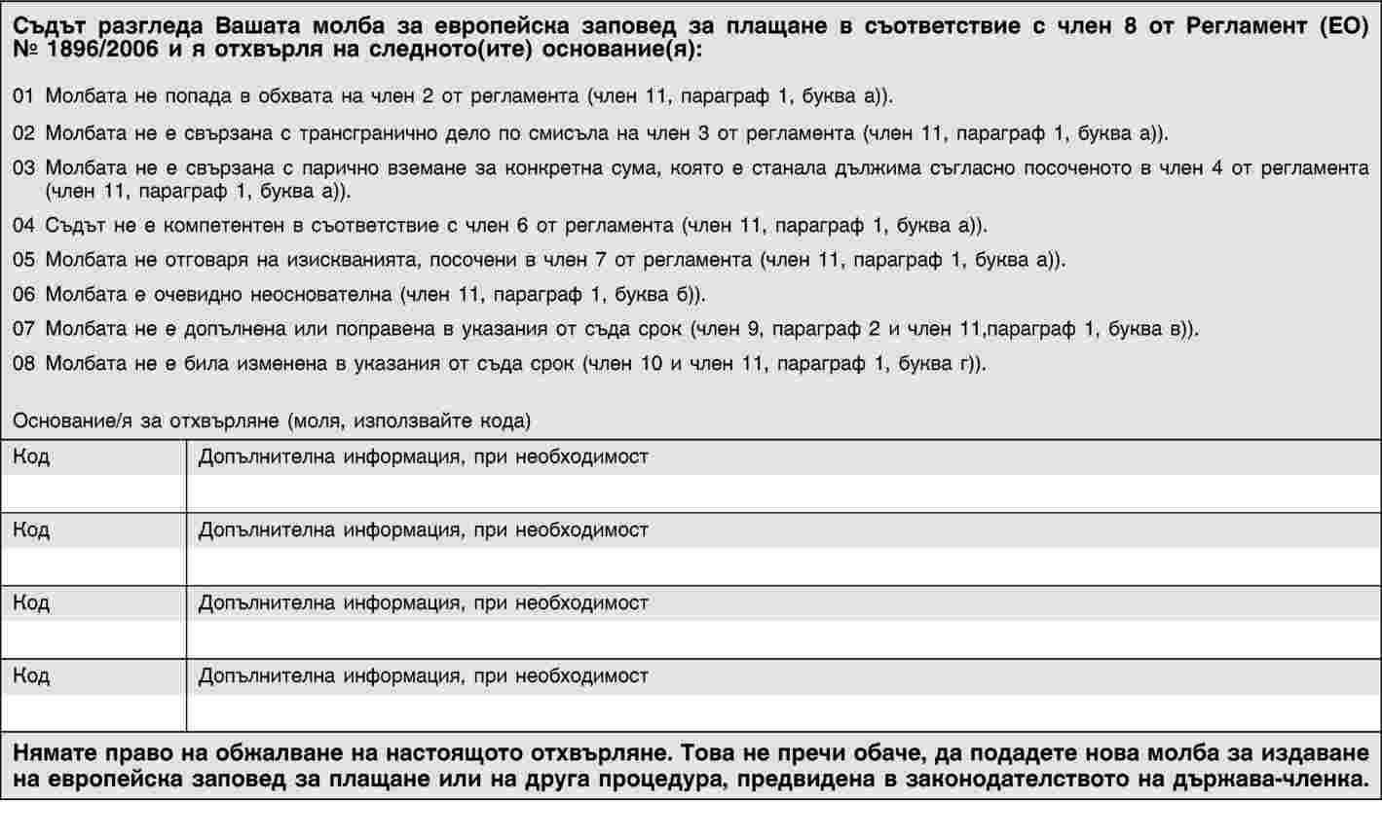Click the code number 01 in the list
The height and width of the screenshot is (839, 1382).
(x=23, y=97)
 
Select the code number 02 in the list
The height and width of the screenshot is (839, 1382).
(x=23, y=132)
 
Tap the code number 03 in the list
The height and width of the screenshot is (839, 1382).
(x=23, y=168)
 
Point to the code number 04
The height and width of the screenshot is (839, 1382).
(x=23, y=226)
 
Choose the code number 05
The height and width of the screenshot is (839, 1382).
(x=23, y=260)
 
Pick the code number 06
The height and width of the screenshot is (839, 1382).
(x=23, y=294)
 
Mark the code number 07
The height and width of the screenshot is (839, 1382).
(x=23, y=329)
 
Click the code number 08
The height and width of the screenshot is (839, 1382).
(x=23, y=364)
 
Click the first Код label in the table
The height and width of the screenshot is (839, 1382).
(x=31, y=456)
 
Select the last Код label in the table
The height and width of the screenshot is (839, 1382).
(x=31, y=675)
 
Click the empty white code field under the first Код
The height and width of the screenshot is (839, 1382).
(x=93, y=493)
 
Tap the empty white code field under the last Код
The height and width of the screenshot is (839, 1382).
(x=93, y=712)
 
